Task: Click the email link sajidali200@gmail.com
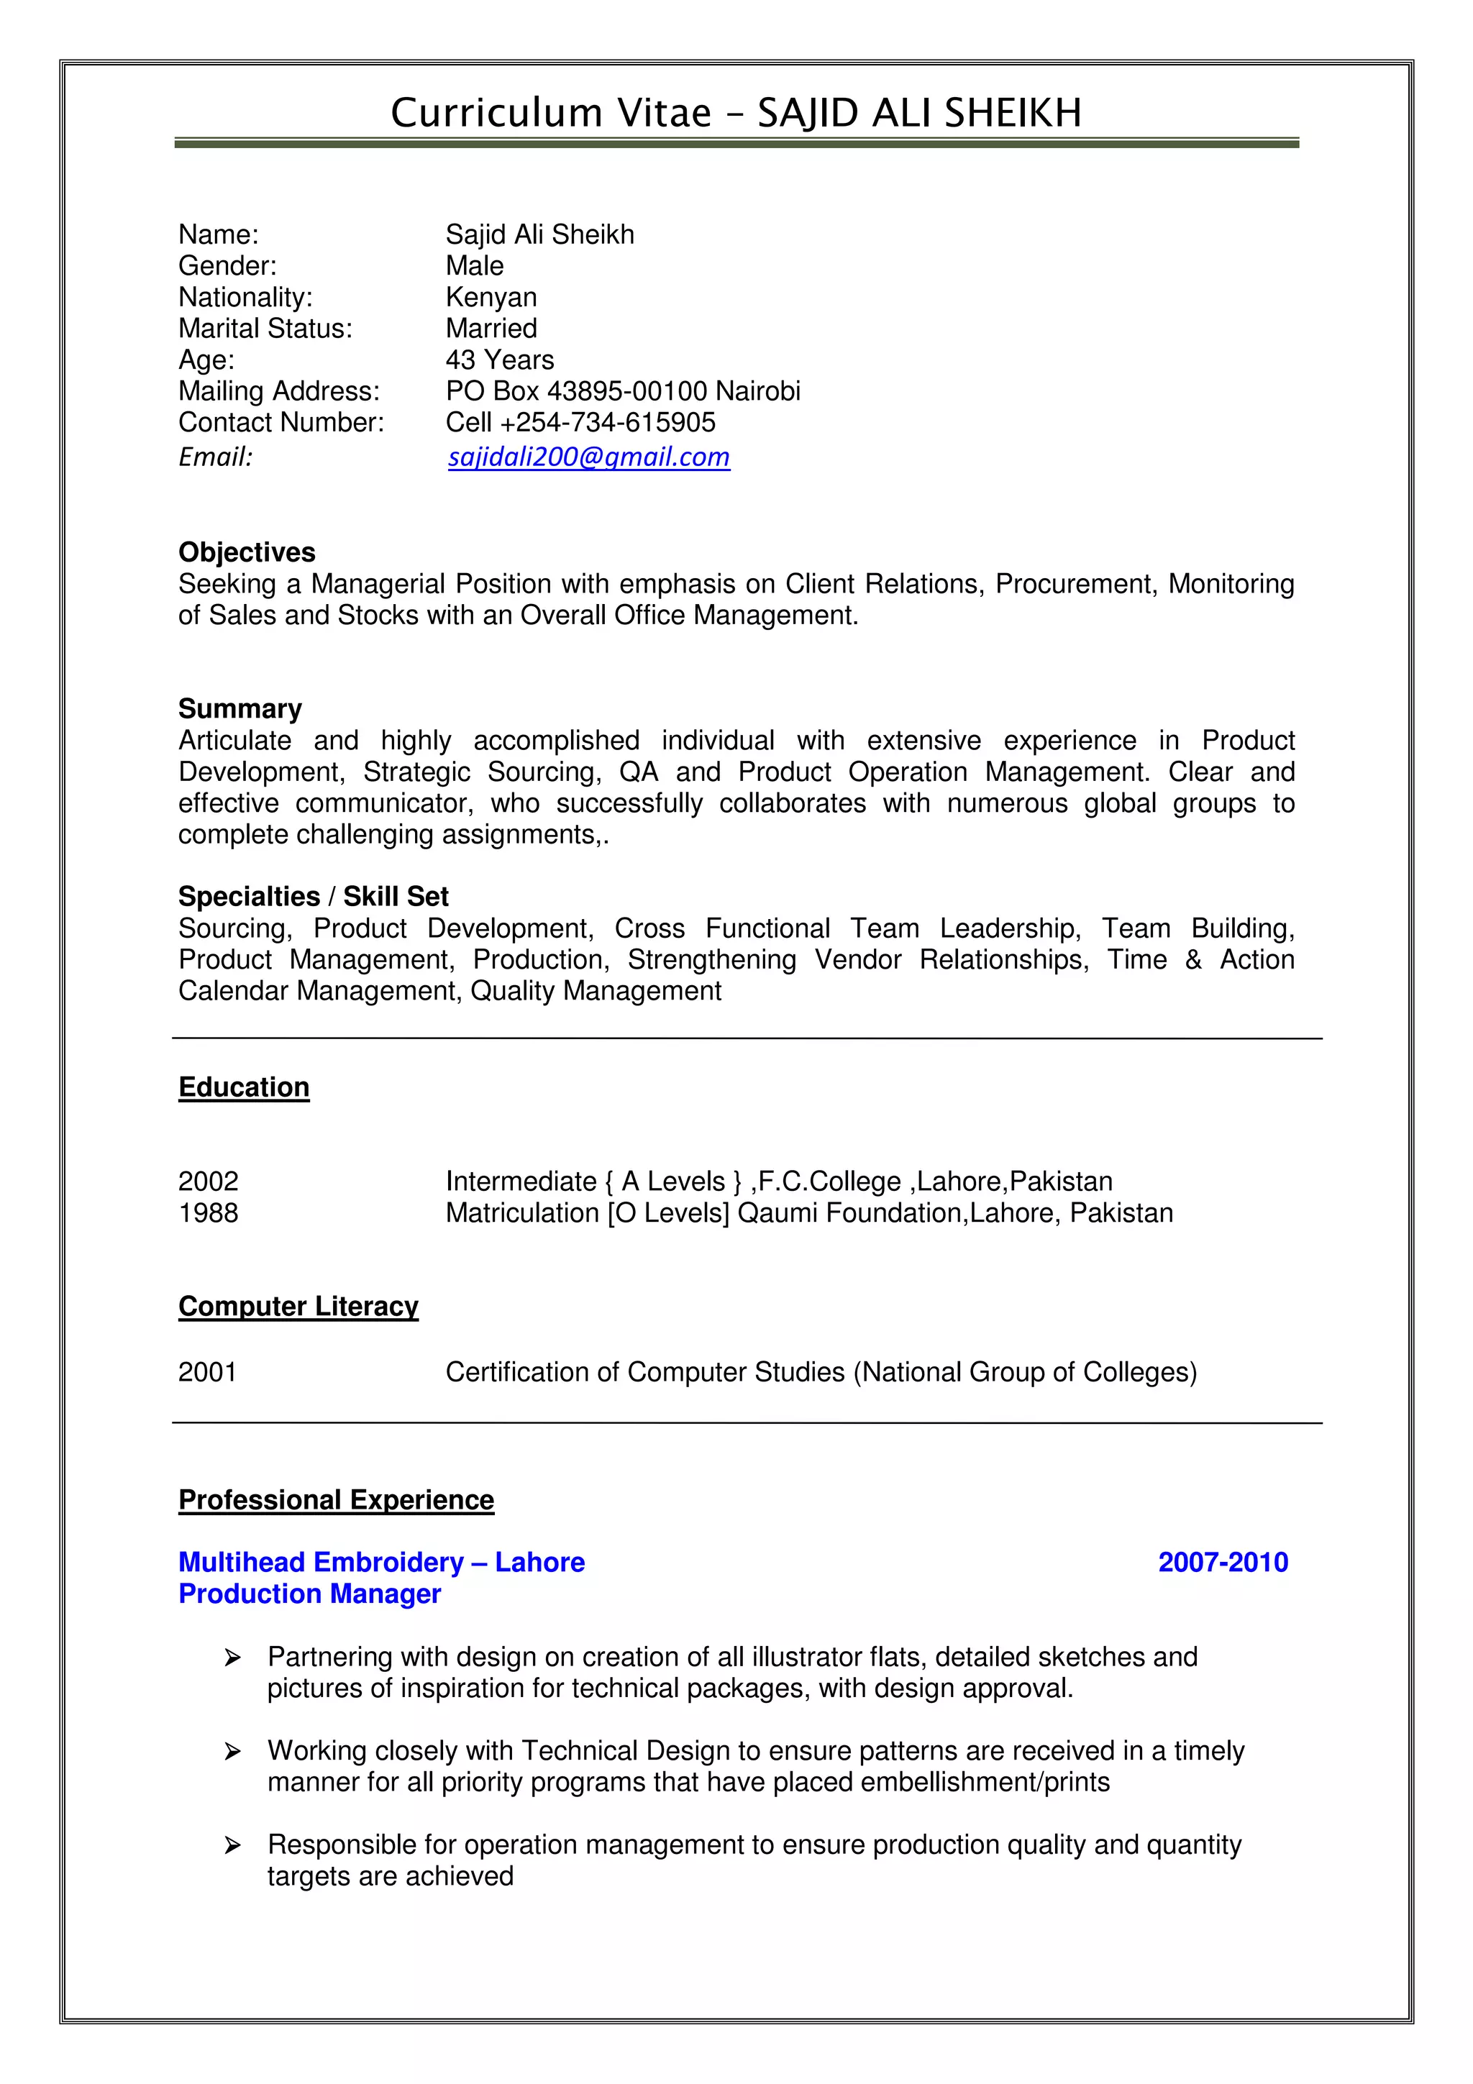tap(588, 457)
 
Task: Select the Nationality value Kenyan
tap(491, 297)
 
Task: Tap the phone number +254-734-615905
tap(607, 422)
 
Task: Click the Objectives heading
tap(247, 552)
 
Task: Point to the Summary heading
tap(240, 709)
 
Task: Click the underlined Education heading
tap(243, 1087)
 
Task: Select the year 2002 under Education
tap(208, 1181)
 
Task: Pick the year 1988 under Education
tap(208, 1212)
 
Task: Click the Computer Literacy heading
tap(298, 1305)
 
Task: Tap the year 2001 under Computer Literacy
tap(207, 1371)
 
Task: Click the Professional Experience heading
tap(336, 1499)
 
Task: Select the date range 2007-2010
tap(1223, 1562)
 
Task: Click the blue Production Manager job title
tap(309, 1594)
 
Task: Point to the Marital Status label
tap(265, 329)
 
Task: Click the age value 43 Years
tap(499, 360)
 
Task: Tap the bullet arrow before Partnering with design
tap(232, 1658)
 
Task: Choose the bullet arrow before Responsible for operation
tap(232, 1845)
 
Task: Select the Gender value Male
tap(474, 266)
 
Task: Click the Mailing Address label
tap(278, 391)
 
